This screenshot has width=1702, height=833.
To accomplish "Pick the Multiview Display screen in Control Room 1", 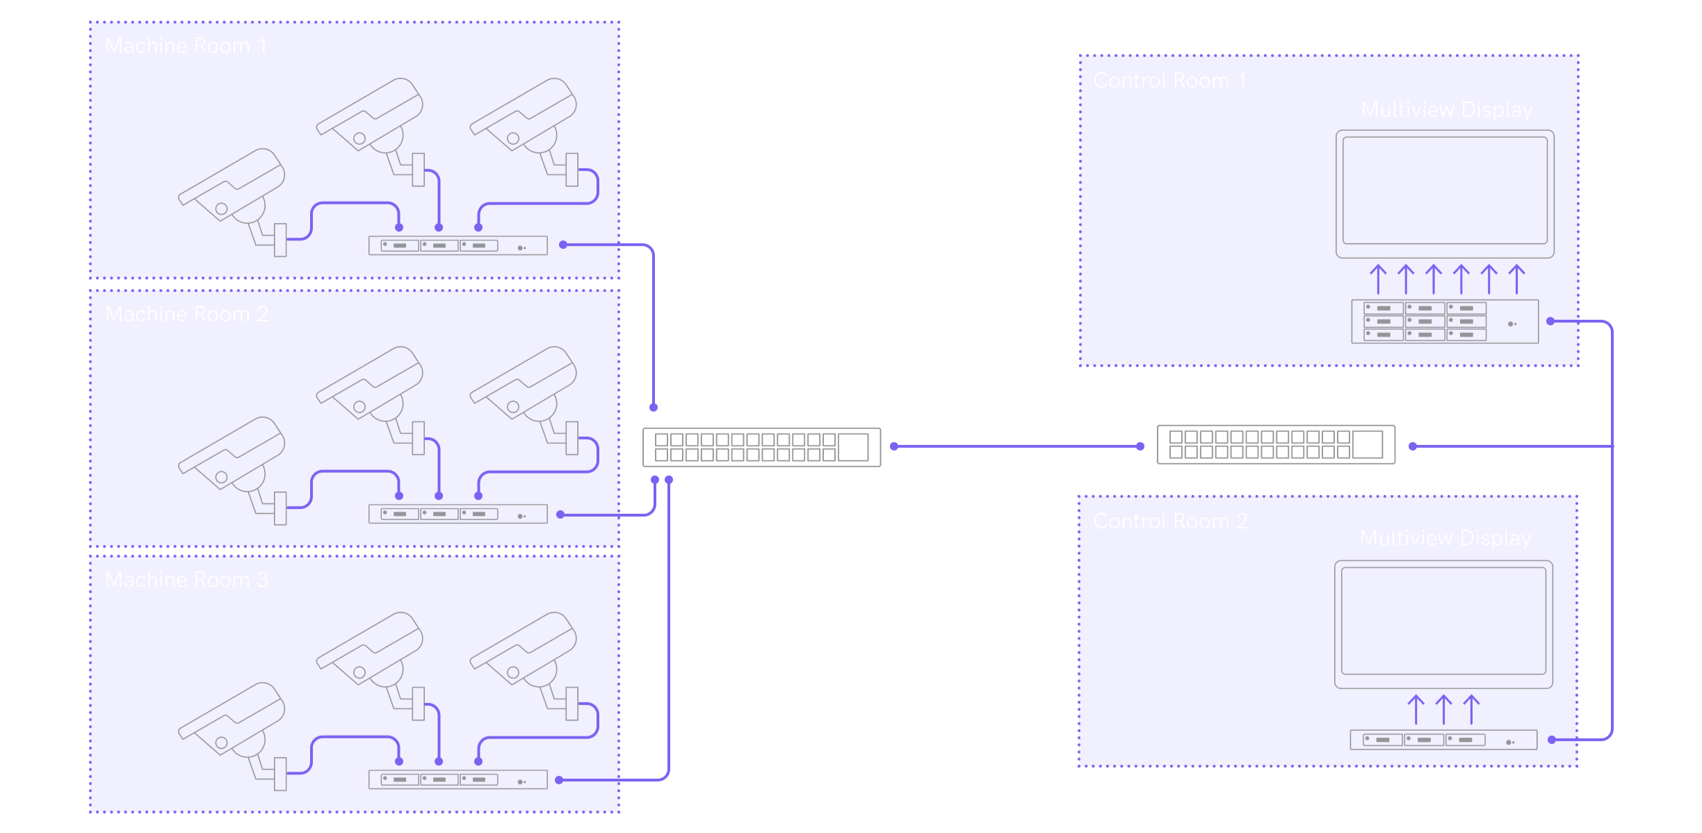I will pos(1445,192).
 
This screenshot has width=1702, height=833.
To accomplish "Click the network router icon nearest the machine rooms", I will pos(761,447).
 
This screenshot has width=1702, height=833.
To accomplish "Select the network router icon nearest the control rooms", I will pos(1276,444).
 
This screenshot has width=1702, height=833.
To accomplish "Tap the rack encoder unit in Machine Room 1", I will pos(457,245).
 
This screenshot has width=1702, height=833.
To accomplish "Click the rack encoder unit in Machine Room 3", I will pos(457,779).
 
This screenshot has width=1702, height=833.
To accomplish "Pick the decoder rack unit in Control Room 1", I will pos(1444,321).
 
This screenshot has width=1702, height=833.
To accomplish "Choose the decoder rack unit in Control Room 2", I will pos(1443,740).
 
